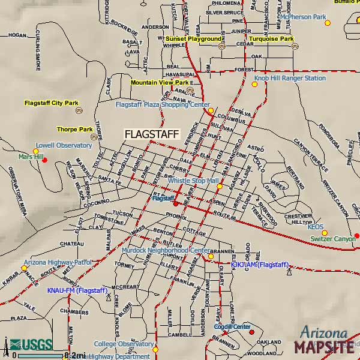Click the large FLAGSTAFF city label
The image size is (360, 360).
pyautogui.click(x=151, y=134)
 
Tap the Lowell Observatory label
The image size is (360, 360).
pyautogui.click(x=64, y=145)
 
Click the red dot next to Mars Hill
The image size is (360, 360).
pyautogui.click(x=44, y=160)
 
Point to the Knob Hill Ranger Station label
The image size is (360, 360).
pyautogui.click(x=290, y=78)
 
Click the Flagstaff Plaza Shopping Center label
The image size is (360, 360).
pyautogui.click(x=163, y=104)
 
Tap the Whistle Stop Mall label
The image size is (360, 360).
pyautogui.click(x=192, y=180)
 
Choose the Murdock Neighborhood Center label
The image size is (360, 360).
pyautogui.click(x=166, y=250)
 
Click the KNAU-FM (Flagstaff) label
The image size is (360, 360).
pyautogui.click(x=76, y=290)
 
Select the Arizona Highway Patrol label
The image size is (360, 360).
pyautogui.click(x=58, y=262)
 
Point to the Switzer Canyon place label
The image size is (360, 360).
pyautogui.click(x=333, y=239)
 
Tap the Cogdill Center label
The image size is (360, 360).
pyautogui.click(x=232, y=327)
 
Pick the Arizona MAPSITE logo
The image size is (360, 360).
pyautogui.click(x=323, y=341)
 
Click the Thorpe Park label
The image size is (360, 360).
pyautogui.click(x=75, y=129)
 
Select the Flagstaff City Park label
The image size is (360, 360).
pyautogui.click(x=52, y=103)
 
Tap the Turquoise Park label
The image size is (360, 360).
pyautogui.click(x=271, y=38)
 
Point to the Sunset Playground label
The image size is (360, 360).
pyautogui.click(x=193, y=38)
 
